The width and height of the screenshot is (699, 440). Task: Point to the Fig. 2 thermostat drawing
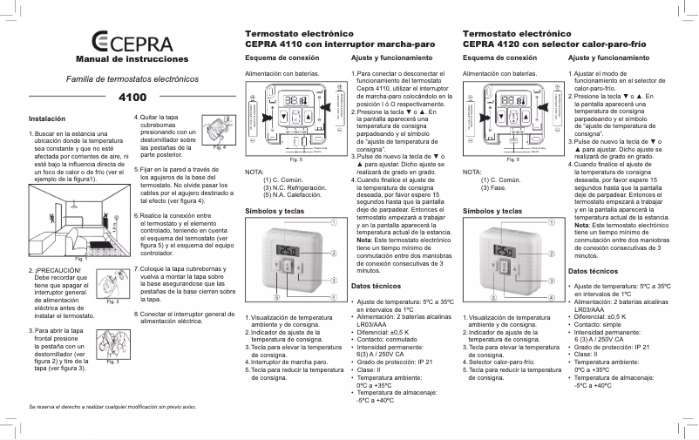(111, 283)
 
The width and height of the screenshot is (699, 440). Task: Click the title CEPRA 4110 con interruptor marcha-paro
(339, 43)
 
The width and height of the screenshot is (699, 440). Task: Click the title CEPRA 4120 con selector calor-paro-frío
(561, 43)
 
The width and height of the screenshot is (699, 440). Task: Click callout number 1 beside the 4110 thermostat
(334, 222)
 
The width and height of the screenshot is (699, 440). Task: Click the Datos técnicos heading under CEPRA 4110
(377, 286)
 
